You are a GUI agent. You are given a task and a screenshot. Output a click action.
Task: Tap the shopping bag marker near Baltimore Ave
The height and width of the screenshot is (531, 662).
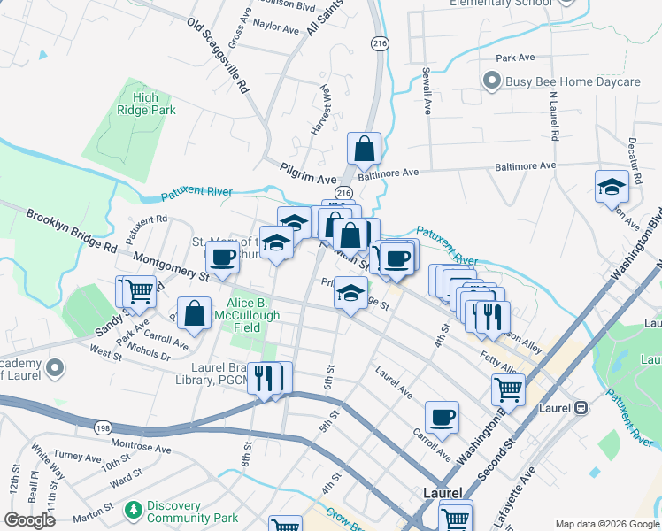pyautogui.click(x=364, y=149)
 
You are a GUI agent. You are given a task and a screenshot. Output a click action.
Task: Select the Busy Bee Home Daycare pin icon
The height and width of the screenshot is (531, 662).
pyautogui.click(x=492, y=81)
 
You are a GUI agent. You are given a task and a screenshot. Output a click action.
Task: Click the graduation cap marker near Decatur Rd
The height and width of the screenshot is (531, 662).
pyautogui.click(x=611, y=187)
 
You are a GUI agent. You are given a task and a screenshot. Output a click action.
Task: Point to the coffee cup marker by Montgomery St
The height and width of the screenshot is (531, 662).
pyautogui.click(x=221, y=258)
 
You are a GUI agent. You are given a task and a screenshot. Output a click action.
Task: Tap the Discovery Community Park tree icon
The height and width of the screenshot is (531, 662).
pyautogui.click(x=134, y=511)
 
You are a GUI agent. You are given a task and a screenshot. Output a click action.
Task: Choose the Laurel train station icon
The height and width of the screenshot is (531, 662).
pyautogui.click(x=581, y=407)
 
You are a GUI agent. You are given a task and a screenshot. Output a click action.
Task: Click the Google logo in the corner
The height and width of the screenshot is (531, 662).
pyautogui.click(x=29, y=520)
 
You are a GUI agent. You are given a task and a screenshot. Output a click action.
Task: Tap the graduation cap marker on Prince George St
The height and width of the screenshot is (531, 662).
pyautogui.click(x=350, y=292)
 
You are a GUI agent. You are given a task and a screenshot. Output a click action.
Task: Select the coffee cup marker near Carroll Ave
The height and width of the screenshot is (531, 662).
pyautogui.click(x=441, y=416)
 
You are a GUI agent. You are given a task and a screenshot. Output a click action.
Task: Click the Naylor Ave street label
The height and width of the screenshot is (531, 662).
pyautogui.click(x=275, y=28)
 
